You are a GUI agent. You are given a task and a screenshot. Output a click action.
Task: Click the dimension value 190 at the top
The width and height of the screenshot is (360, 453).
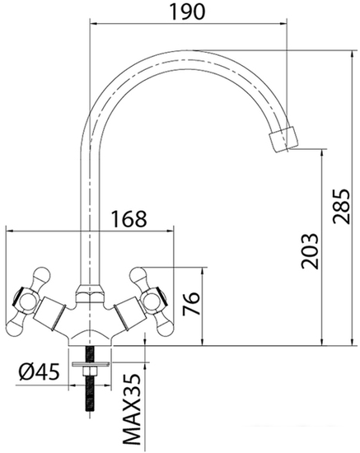188,12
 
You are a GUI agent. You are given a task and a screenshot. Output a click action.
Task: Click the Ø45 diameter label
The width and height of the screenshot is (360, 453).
38,371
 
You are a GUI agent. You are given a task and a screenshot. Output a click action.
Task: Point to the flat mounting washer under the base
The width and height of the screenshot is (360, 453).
90,363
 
